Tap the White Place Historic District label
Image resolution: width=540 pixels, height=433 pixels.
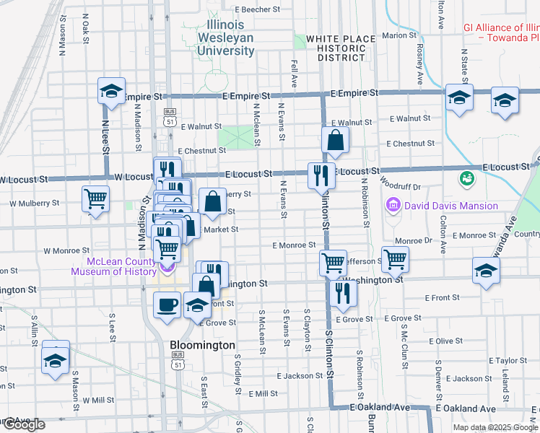click(x=340, y=48)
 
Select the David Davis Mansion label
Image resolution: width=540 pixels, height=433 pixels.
click(x=450, y=206)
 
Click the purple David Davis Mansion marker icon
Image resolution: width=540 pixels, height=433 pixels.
click(x=393, y=206)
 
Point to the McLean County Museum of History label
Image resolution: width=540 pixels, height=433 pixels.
click(x=121, y=266)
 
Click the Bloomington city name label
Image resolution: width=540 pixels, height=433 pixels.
click(x=202, y=345)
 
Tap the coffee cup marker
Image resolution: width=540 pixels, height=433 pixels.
click(x=167, y=304)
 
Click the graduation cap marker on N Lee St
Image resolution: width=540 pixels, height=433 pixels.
click(x=111, y=92)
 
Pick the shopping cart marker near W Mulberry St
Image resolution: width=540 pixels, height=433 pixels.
click(x=95, y=198)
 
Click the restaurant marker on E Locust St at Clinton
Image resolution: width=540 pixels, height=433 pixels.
click(x=321, y=175)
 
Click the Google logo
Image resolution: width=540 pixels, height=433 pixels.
click(x=23, y=424)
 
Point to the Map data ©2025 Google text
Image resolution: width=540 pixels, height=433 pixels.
click(x=495, y=427)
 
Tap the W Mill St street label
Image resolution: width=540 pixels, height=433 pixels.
click(x=98, y=400)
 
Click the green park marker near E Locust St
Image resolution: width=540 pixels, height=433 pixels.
click(x=466, y=177)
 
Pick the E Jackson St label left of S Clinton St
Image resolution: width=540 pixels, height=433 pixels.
click(x=300, y=376)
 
